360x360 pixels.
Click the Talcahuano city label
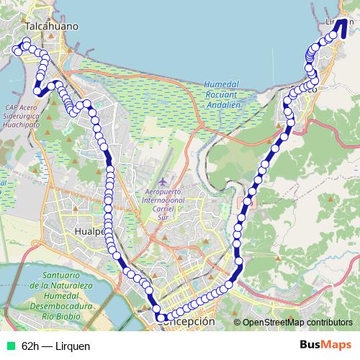[51, 26]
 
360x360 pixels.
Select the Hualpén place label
[91, 231]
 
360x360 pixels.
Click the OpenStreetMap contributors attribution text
[297, 322]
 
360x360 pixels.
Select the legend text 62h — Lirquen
[56, 346]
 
